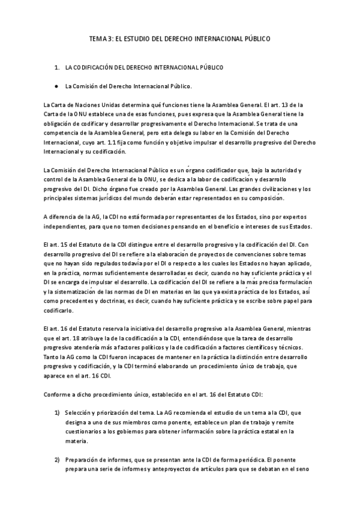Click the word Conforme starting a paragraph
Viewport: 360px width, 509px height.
58,394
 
